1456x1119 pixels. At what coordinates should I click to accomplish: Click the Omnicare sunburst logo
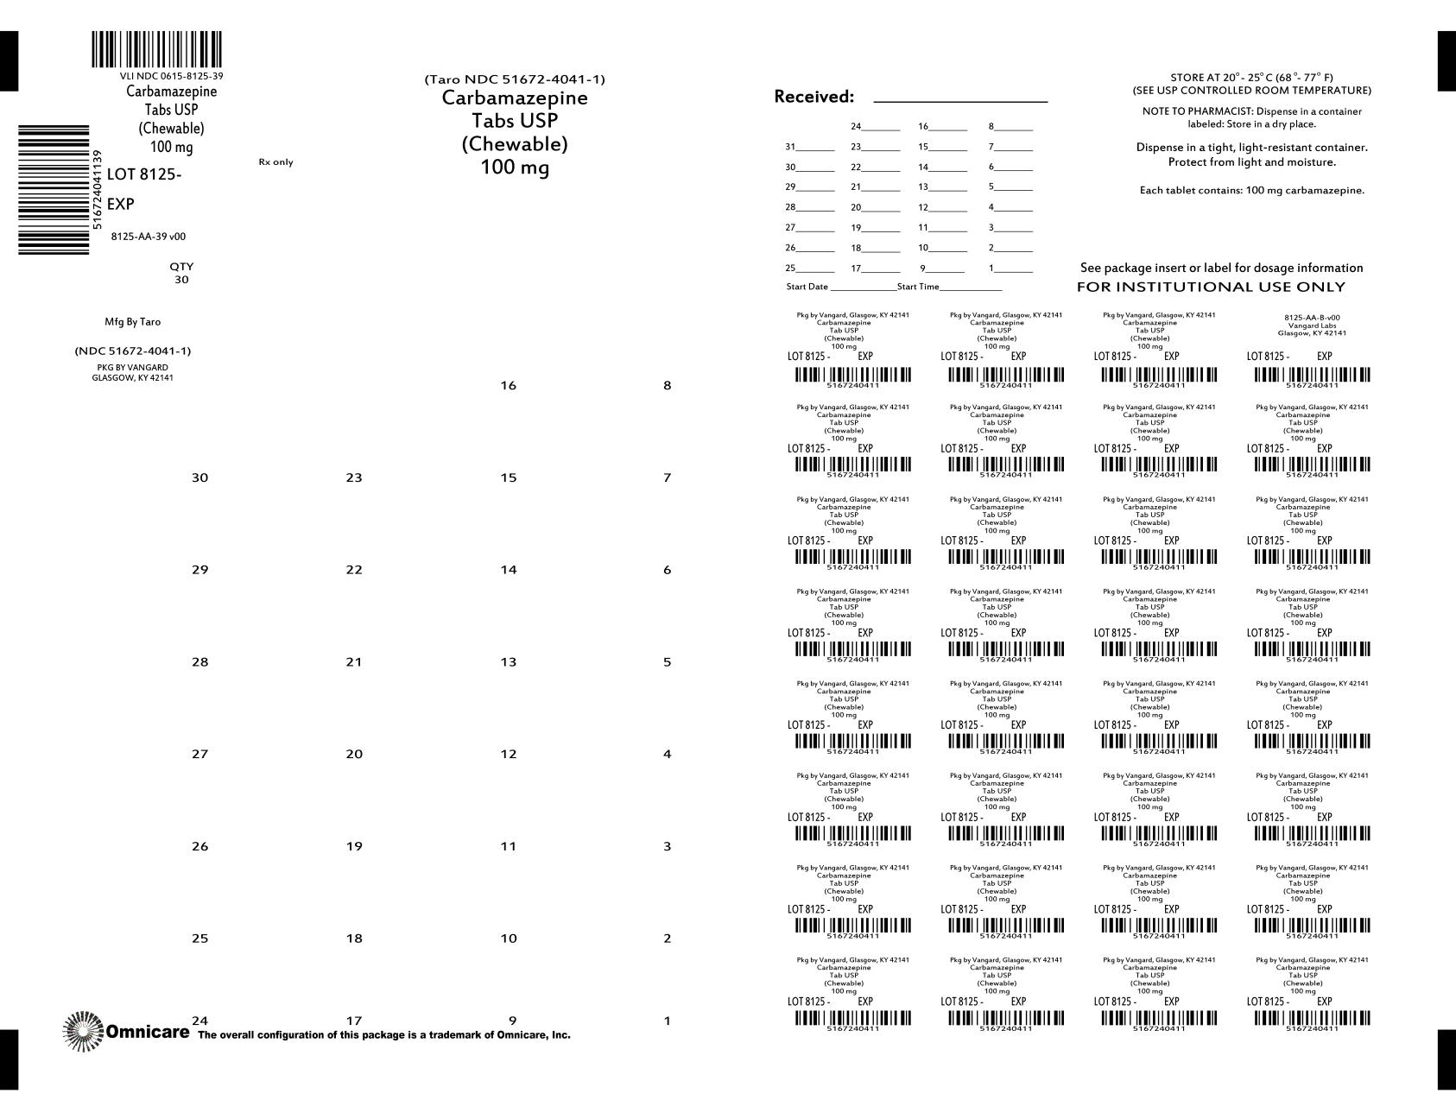pos(83,1031)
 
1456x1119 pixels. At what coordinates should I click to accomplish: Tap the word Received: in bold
pos(813,97)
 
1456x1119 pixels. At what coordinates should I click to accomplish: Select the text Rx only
pos(275,162)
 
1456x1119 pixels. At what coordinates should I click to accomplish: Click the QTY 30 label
pos(181,273)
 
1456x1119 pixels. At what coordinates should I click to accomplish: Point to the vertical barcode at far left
pos(54,190)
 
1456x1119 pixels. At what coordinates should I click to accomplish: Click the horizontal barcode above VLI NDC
pos(156,50)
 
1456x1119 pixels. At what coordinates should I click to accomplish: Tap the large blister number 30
pos(199,477)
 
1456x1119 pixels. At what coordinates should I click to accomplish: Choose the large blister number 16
pos(509,385)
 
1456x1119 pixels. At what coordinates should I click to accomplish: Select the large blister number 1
pos(667,1021)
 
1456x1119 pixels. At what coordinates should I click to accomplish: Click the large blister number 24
pos(199,1021)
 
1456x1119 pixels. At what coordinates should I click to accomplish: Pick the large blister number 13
pos(509,662)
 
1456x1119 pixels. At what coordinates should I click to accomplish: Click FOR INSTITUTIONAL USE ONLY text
pos(1211,287)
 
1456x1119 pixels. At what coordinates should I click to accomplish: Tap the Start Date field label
pos(807,287)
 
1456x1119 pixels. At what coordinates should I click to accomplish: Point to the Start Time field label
pos(918,287)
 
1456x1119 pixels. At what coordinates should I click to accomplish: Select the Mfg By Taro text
pos(132,322)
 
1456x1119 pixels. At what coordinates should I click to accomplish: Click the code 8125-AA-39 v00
pos(149,237)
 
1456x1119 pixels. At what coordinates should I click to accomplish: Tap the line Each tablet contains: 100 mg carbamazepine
pos(1251,190)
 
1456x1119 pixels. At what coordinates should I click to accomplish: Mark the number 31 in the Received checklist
pos(790,147)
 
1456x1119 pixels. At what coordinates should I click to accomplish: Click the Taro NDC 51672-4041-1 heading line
pos(515,79)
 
